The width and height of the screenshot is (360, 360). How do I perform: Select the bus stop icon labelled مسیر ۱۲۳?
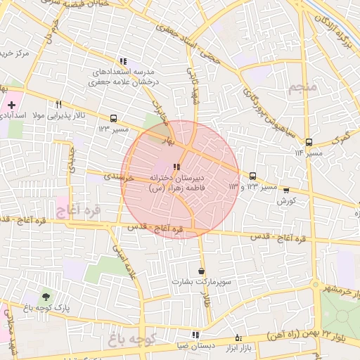point(114,118)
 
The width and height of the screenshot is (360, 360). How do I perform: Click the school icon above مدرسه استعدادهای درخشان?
point(124,61)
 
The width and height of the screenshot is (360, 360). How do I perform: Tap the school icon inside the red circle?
point(176,167)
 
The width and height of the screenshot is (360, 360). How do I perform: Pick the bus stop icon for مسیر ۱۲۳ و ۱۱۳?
point(252,176)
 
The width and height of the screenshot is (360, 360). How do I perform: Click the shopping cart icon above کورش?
point(285,189)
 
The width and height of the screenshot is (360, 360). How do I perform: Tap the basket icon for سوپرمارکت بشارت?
point(202,270)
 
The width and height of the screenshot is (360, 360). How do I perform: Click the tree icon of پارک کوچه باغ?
point(46,297)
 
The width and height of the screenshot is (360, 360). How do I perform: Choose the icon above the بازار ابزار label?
point(238,336)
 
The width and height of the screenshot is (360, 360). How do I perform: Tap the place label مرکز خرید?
point(15,53)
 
